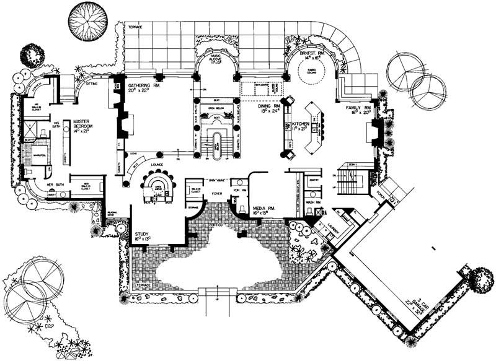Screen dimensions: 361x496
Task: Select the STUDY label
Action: [x=142, y=234]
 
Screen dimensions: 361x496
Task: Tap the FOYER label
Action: [x=218, y=193]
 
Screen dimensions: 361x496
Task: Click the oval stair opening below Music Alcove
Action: [x=217, y=144]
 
